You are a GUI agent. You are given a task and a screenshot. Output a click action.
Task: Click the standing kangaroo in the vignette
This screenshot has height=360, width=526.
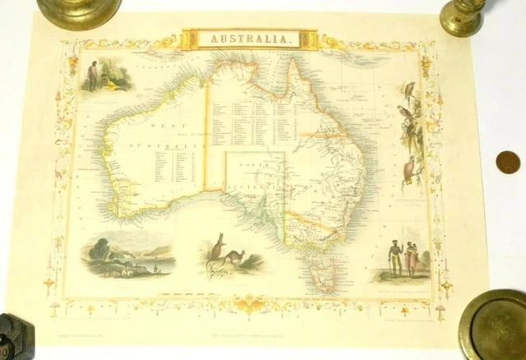218,245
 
